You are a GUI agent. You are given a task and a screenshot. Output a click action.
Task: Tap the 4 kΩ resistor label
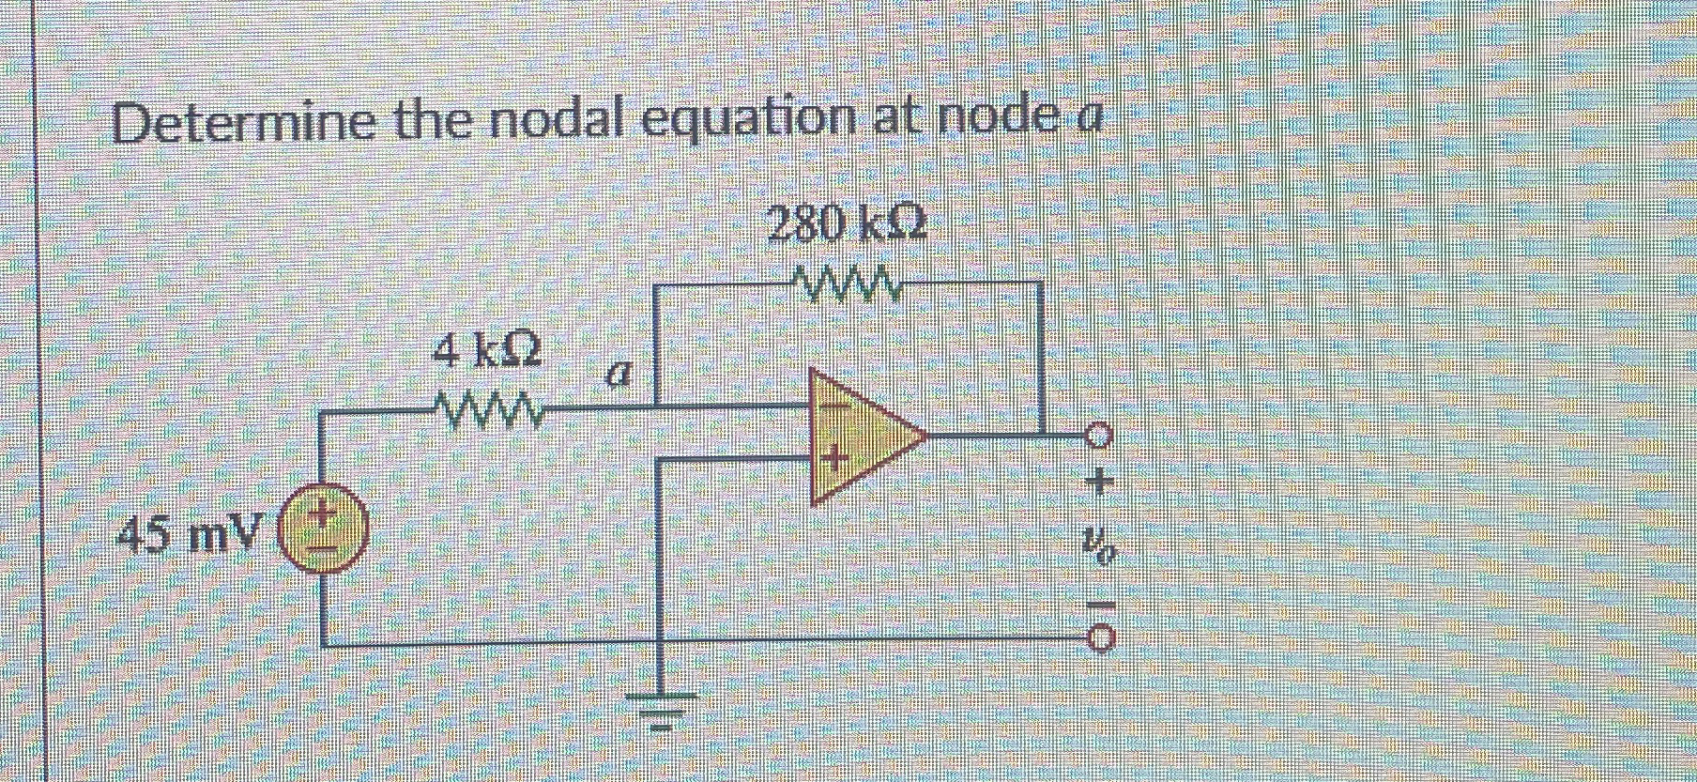click(x=486, y=354)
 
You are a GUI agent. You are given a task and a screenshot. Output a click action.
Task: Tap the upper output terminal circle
click(x=1099, y=436)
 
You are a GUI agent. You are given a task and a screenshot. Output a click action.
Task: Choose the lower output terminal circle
click(x=1101, y=640)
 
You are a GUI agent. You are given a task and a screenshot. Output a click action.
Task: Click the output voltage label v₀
click(x=1098, y=544)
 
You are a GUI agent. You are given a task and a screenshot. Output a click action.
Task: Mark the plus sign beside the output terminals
click(x=1099, y=483)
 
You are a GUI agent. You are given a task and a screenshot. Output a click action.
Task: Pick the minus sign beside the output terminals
click(x=1100, y=605)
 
